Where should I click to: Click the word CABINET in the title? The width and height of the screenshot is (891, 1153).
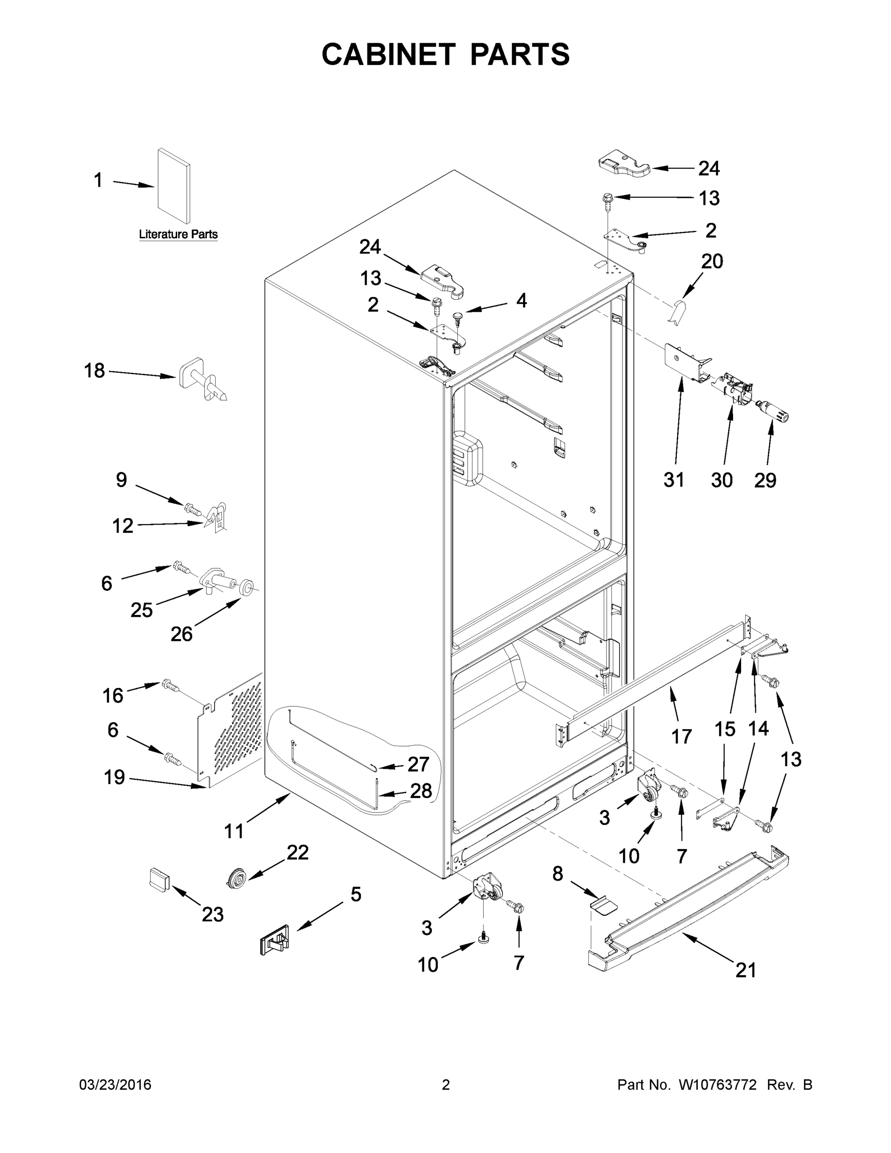(x=388, y=54)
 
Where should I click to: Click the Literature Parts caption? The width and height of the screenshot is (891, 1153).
(x=178, y=234)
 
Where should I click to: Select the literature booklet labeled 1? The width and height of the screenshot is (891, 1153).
(x=174, y=186)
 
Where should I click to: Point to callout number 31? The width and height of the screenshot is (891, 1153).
(x=673, y=480)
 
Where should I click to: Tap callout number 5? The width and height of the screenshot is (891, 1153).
(x=356, y=895)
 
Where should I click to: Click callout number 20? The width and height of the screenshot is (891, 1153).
(x=711, y=261)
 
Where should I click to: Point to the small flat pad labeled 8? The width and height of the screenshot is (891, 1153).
(x=603, y=906)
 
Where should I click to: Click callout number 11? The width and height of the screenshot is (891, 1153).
(x=234, y=832)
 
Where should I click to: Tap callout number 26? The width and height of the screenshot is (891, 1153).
(x=181, y=634)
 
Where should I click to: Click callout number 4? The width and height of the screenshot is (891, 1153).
(x=521, y=301)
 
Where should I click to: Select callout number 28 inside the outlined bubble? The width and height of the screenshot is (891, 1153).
(x=421, y=790)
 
